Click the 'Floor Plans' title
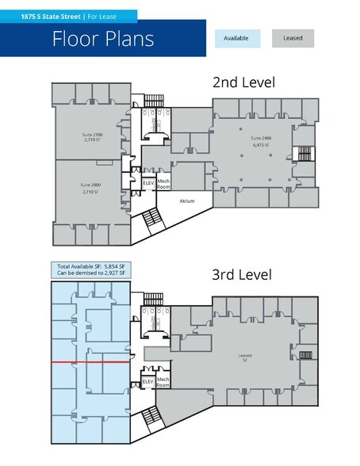103,39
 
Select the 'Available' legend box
237,38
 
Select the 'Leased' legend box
293,38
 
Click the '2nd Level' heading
242,82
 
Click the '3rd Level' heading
242,275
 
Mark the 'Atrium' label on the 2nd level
187,201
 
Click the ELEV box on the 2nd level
148,184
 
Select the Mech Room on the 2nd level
164,184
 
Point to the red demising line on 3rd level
87,362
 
